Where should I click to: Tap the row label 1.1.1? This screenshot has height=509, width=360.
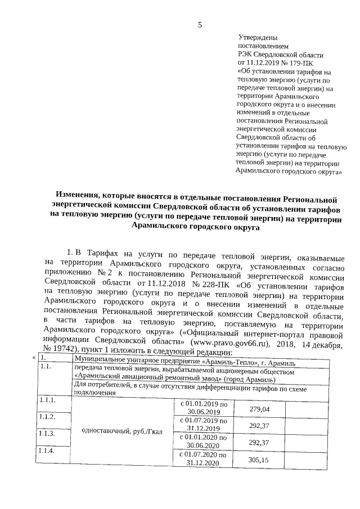click(47, 400)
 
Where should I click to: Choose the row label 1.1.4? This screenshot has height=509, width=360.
click(48, 452)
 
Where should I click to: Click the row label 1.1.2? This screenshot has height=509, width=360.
click(47, 417)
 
